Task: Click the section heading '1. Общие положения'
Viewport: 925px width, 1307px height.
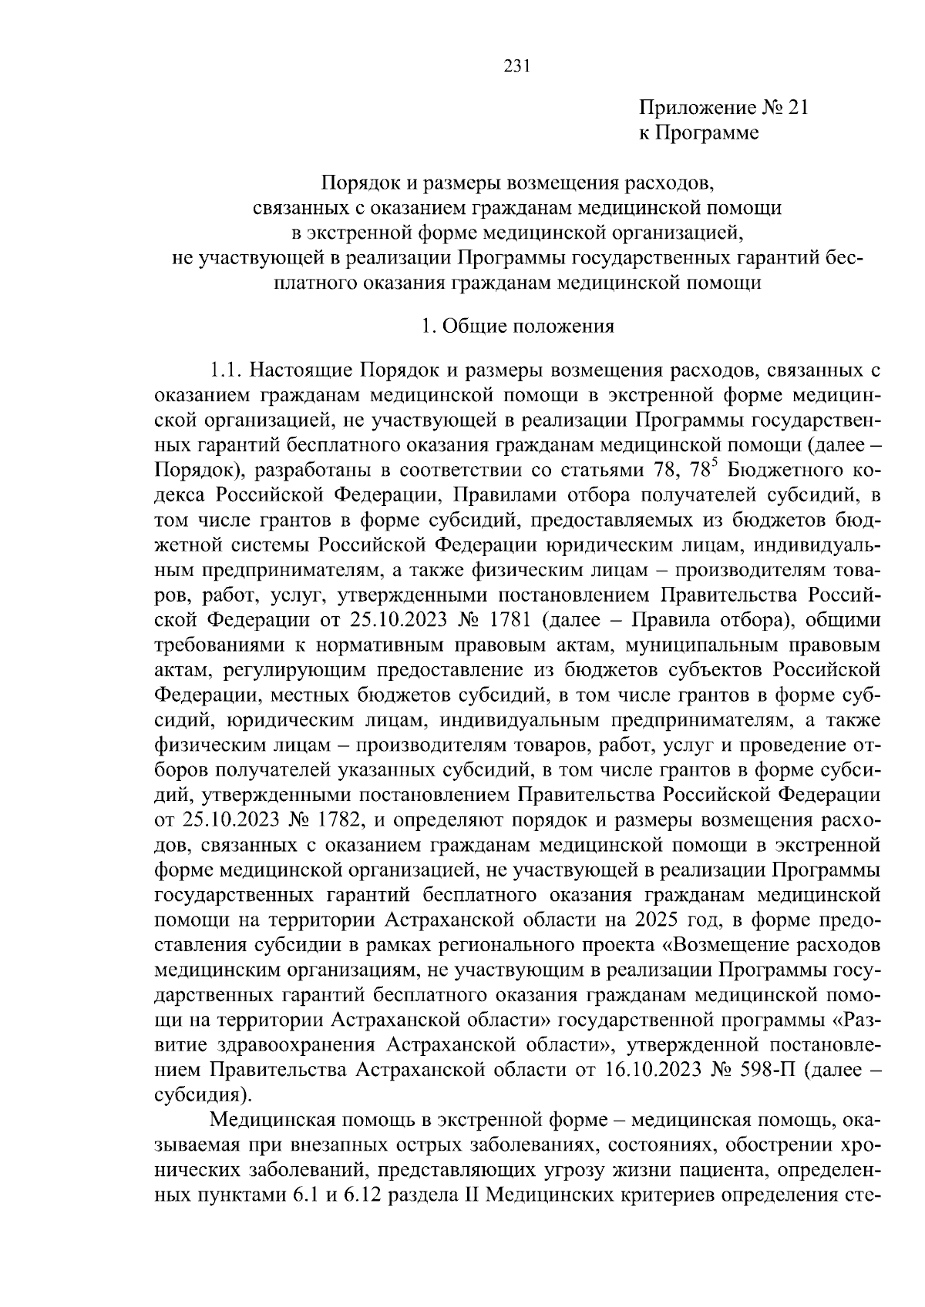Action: tap(517, 327)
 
